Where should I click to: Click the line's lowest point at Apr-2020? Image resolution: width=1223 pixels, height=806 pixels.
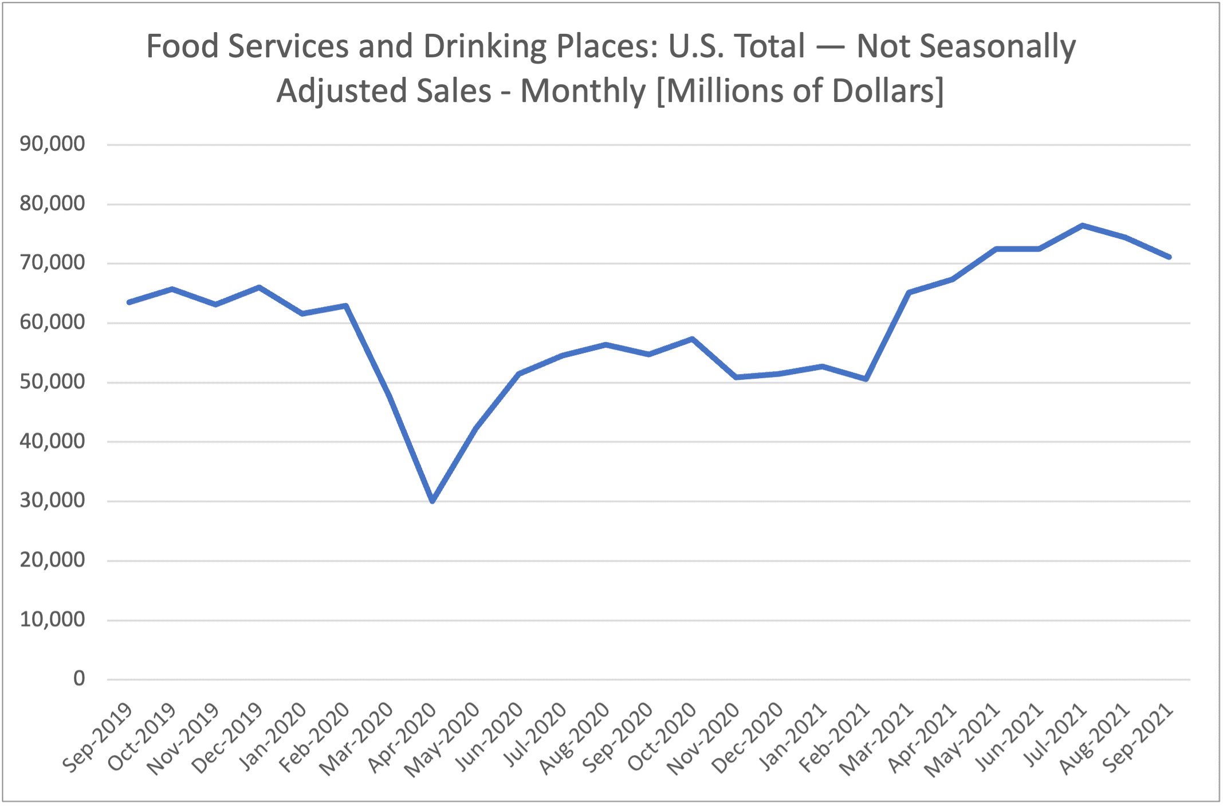(x=432, y=501)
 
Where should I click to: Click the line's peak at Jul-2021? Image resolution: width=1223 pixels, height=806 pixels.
(x=1082, y=225)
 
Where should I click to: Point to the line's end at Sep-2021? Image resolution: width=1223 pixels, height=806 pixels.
(x=1169, y=257)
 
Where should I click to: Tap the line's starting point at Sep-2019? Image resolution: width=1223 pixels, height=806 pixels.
(x=129, y=302)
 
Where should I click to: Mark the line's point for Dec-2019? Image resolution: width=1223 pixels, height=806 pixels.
(x=259, y=287)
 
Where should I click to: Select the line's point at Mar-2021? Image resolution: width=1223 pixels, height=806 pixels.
(x=909, y=293)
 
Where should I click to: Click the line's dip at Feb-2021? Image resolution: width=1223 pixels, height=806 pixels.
(x=866, y=379)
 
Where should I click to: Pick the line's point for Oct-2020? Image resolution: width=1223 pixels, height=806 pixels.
(x=692, y=339)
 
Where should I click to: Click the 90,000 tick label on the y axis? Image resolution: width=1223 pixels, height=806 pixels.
(x=52, y=144)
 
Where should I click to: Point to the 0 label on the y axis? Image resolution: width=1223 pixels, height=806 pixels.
(x=79, y=679)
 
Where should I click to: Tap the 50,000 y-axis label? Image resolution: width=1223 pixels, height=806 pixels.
(x=52, y=382)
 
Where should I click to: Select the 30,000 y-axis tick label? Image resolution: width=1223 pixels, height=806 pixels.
(x=52, y=501)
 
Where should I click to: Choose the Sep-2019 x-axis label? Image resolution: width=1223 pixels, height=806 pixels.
(x=97, y=739)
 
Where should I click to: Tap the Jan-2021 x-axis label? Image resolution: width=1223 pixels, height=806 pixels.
(x=792, y=739)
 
